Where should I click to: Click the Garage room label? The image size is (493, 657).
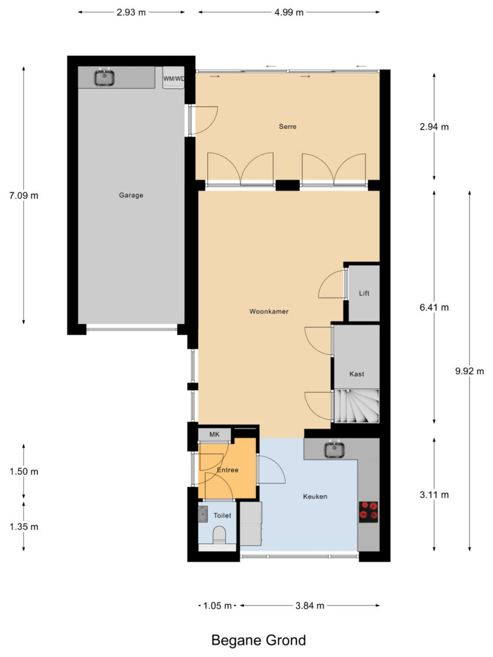pos(130,196)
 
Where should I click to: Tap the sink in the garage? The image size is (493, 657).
pos(105,78)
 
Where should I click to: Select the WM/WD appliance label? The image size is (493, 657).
pos(174,79)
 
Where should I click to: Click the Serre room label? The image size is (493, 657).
pos(287,126)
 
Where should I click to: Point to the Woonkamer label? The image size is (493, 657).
pos(269,311)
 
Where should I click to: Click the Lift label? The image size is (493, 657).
pos(364,293)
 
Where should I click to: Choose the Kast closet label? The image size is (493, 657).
pos(356,374)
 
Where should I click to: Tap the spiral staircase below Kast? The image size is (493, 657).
pos(356,406)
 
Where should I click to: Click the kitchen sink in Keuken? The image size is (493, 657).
pos(334,450)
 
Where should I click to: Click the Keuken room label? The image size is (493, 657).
pos(315,496)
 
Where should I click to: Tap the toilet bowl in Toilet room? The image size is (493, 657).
pos(218,536)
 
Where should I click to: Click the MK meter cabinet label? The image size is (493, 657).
pos(214,434)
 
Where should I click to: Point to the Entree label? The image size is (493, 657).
pos(227,470)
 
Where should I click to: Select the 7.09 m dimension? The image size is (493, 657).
pos(24,196)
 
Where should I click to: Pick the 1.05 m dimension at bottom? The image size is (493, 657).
pos(216,605)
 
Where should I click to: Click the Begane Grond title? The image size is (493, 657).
pos(259,640)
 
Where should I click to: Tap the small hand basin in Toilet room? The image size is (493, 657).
pos(203,513)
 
